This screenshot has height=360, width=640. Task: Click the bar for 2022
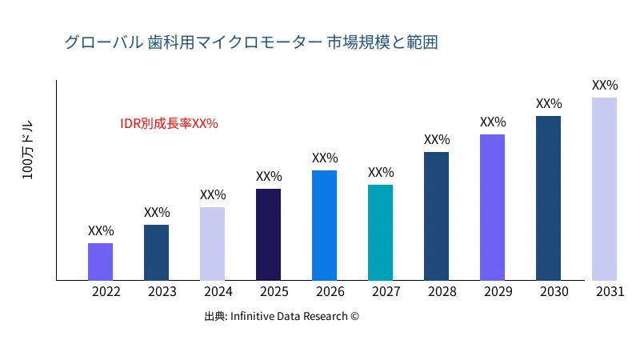100,262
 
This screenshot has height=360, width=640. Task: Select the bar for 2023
156,253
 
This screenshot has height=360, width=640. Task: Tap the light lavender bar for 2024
212,244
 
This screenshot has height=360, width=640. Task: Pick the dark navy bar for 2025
268,234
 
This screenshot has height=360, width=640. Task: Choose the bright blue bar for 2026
324,226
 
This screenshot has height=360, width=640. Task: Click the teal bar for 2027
380,233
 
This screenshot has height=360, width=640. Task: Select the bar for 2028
436,216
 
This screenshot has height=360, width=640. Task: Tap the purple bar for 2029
492,207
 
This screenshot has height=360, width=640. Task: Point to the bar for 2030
548,198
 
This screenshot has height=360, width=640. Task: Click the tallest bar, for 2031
604,189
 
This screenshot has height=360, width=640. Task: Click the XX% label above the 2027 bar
381,172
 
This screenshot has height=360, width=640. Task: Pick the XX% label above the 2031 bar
605,85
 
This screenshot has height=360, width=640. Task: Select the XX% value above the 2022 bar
101,230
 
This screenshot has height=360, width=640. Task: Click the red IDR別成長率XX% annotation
169,124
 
